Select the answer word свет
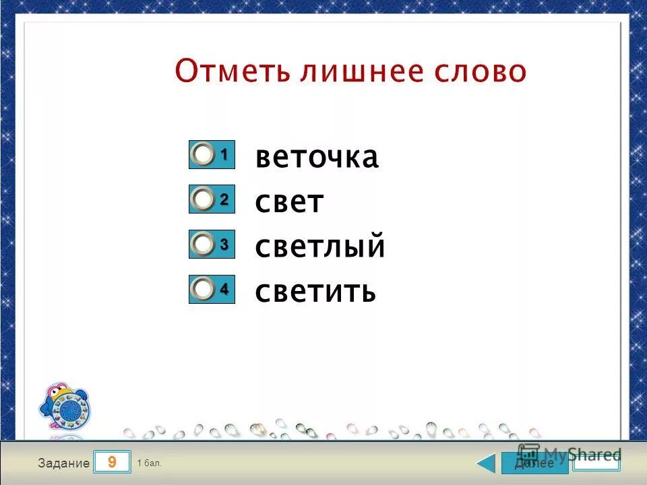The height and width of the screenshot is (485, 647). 290,203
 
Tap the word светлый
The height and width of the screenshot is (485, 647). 320,247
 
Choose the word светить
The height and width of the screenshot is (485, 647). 315,292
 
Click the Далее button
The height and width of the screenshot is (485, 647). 534,463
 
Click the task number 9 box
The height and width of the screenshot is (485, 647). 112,463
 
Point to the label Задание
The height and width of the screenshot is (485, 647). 64,463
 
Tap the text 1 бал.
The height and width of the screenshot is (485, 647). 149,463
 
